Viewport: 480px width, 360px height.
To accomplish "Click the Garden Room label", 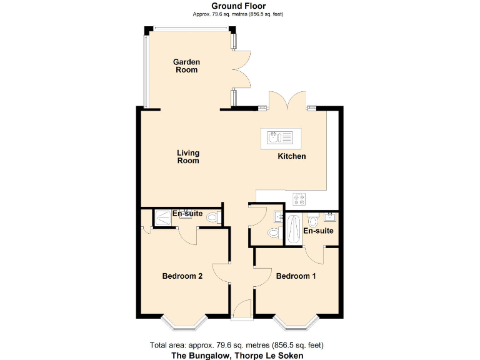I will tap(186, 66).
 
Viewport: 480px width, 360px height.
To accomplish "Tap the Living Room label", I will tap(187, 157).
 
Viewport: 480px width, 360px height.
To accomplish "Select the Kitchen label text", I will tap(292, 156).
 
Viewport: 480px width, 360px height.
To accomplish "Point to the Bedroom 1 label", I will tap(296, 276).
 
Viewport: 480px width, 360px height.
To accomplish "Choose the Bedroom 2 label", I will tap(182, 276).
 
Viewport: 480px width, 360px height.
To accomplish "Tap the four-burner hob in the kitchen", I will tap(299, 200).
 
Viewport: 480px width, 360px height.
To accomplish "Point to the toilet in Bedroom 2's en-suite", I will tap(212, 217).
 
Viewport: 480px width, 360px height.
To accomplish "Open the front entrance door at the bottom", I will tap(242, 309).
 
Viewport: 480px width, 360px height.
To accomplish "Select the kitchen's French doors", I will tap(287, 101).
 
